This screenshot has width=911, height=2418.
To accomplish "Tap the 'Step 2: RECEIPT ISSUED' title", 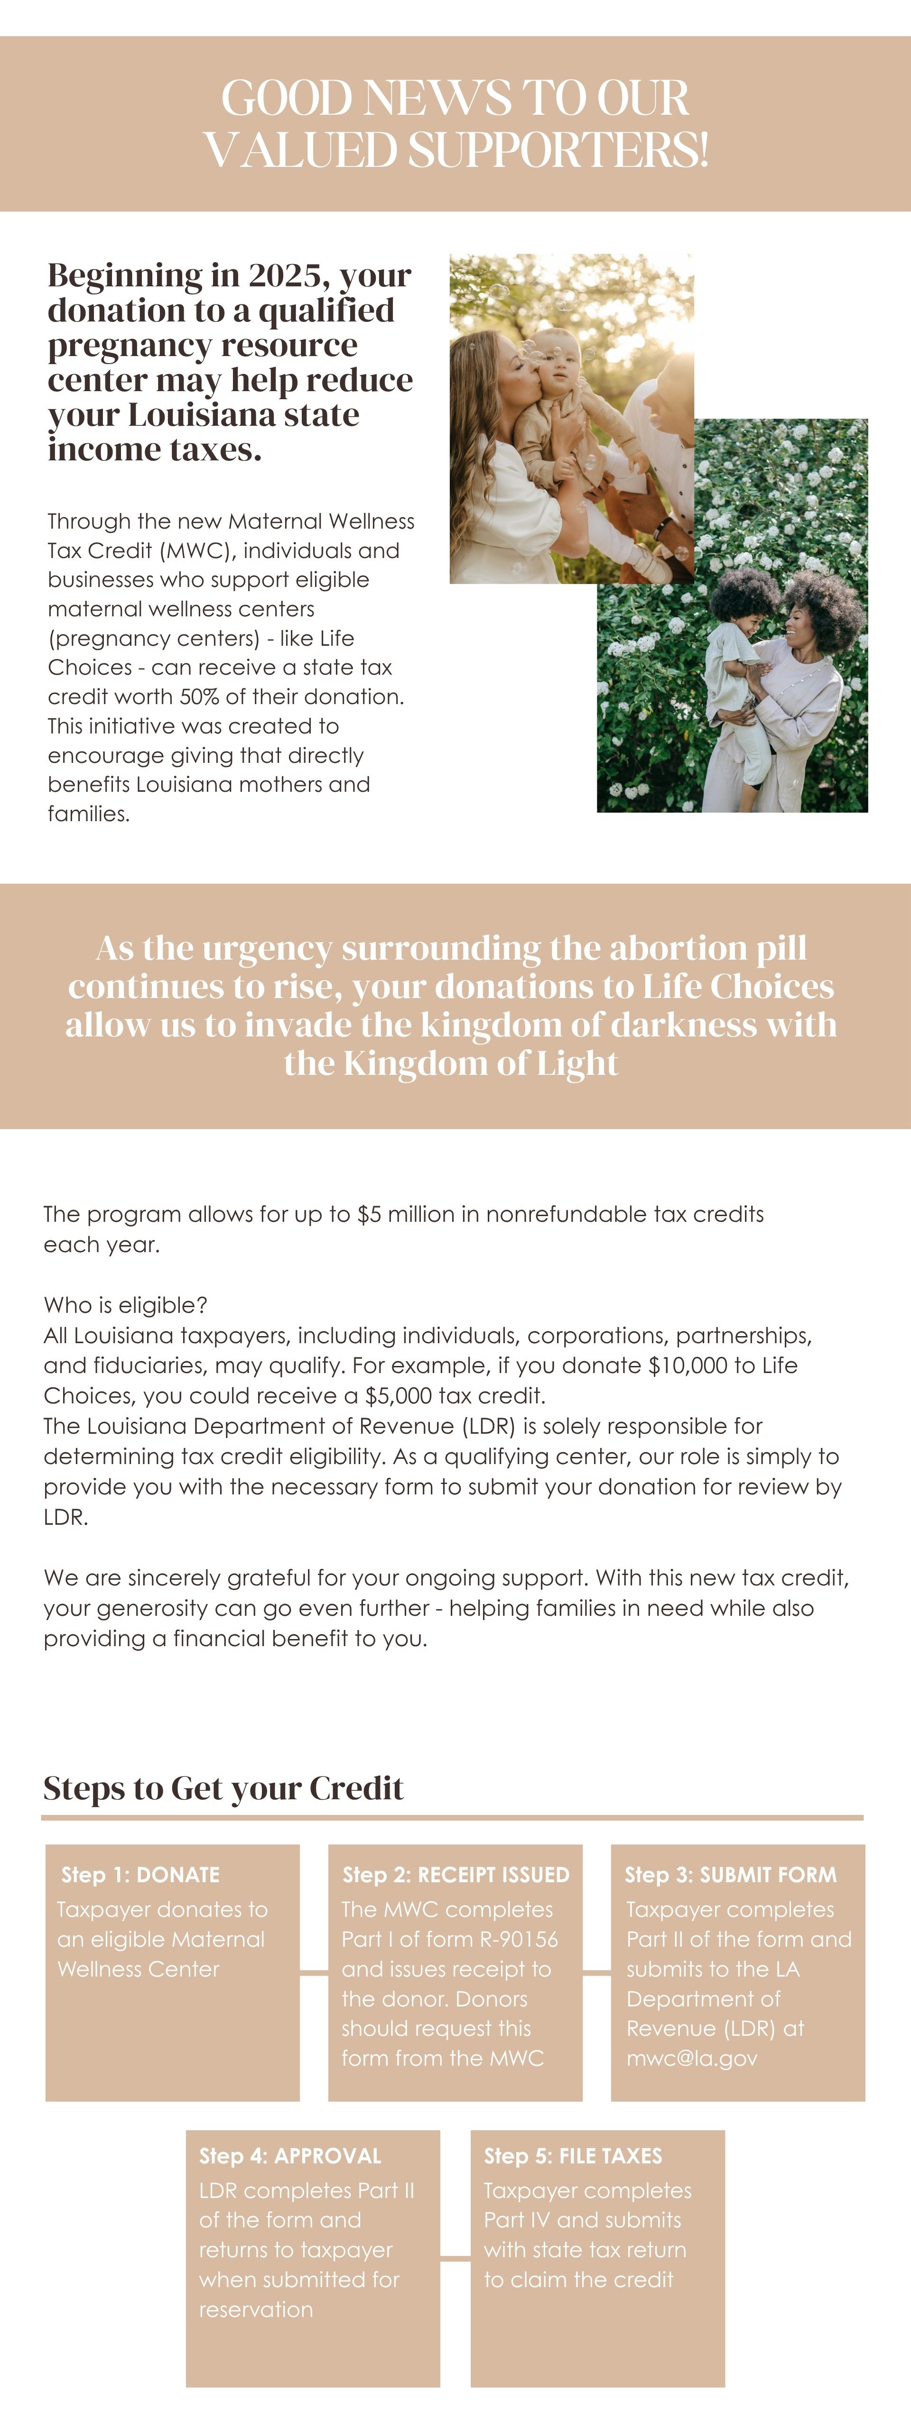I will pyautogui.click(x=455, y=1875).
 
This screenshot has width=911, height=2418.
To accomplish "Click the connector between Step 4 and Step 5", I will pyautogui.click(x=455, y=2259).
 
